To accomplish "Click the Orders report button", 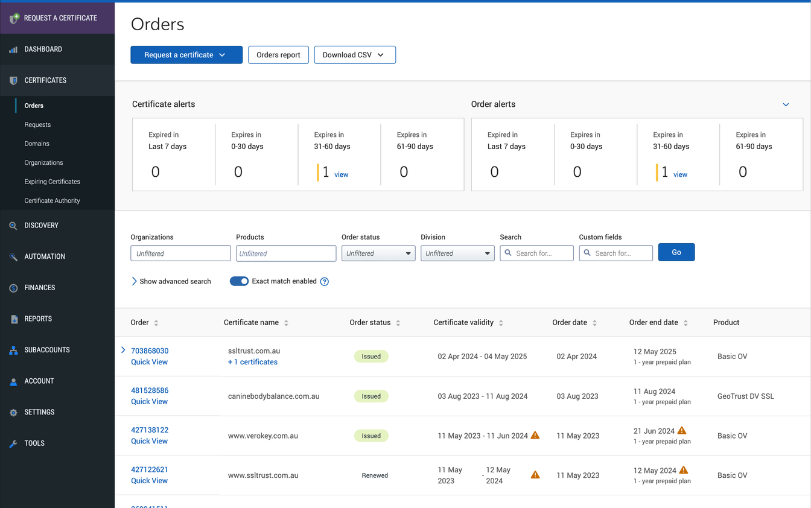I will pos(278,55).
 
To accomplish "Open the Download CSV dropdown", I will pos(354,55).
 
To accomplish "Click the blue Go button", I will pos(676,252).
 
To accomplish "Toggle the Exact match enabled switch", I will pos(239,281).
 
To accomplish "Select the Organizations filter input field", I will pos(180,253).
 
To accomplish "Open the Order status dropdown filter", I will pos(378,253).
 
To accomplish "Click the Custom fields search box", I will pos(615,253).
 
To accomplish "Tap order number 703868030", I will pos(150,351).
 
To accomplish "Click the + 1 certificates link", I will pos(253,362).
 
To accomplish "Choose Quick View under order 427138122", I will pos(149,441).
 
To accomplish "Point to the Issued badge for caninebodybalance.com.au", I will pos(371,396).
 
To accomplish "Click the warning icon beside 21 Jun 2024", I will pos(682,431).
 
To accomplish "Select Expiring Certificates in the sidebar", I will pos(52,182).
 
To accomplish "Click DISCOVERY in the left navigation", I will pos(41,226).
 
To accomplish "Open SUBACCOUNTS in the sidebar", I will pos(47,350).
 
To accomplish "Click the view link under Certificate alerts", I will pos(342,175).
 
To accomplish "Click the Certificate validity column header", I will pos(463,323).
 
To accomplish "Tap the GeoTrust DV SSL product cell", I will pos(745,396).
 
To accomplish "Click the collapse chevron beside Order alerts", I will pos(786,104).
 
